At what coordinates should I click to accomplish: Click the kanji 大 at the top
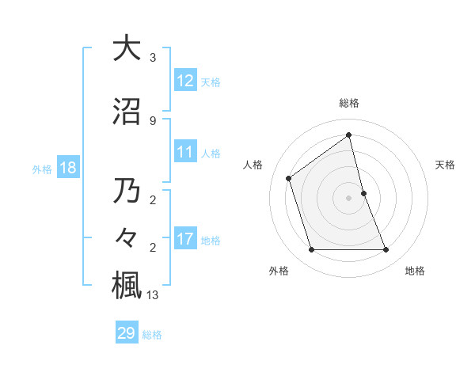(x=127, y=48)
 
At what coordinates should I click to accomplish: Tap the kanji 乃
(x=127, y=192)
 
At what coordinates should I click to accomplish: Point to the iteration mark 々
(x=127, y=237)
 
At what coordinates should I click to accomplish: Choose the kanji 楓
(x=127, y=284)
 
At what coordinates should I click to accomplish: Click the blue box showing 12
(x=186, y=81)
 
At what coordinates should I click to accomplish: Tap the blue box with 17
(x=186, y=239)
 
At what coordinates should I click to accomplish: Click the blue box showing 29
(x=127, y=333)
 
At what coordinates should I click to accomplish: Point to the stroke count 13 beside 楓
(x=153, y=295)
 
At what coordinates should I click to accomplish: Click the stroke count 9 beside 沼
(x=152, y=120)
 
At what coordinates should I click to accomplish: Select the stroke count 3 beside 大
(x=152, y=58)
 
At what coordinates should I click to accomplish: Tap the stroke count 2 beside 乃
(x=152, y=201)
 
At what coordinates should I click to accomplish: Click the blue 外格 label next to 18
(x=41, y=169)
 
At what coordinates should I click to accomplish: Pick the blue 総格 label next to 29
(x=152, y=335)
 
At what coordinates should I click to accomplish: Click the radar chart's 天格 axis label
(x=445, y=165)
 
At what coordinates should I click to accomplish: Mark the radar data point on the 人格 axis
(x=289, y=178)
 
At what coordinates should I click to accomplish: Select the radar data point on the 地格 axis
(x=386, y=250)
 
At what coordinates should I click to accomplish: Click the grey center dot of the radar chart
(x=348, y=198)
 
